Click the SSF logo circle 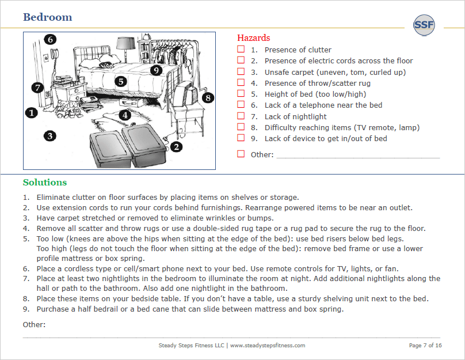click(424, 25)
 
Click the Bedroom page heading click(48, 17)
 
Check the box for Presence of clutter click(241, 50)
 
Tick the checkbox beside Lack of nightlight click(241, 116)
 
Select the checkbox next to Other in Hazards click(241, 154)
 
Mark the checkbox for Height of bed click(241, 94)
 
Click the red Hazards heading click(253, 38)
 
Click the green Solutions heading click(45, 183)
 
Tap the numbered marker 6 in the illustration click(50, 39)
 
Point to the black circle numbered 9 click(155, 70)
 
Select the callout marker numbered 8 click(207, 97)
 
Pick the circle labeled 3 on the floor click(51, 136)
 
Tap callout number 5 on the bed click(120, 81)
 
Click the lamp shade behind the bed click(124, 43)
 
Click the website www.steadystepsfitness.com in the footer click(268, 346)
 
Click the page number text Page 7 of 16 click(425, 346)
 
